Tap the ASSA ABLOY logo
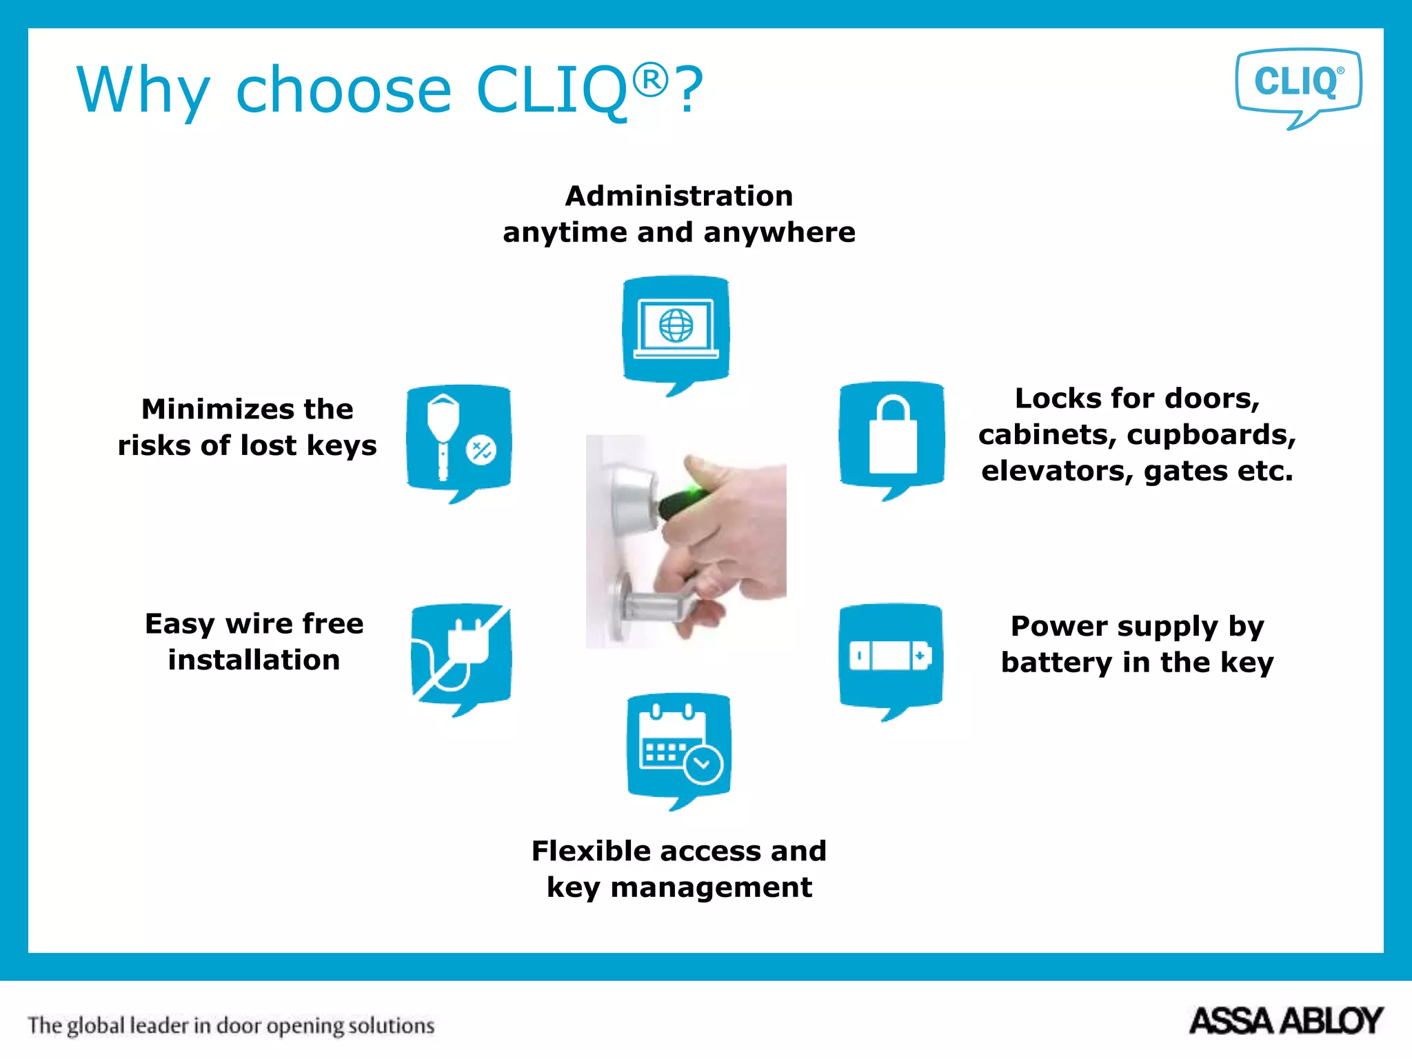[x=1286, y=1021]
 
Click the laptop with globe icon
[x=676, y=329]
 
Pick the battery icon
[x=891, y=656]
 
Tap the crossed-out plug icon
[x=461, y=655]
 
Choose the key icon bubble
[x=459, y=439]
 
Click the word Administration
[x=679, y=196]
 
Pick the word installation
[x=254, y=660]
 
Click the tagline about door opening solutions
[x=231, y=1026]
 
